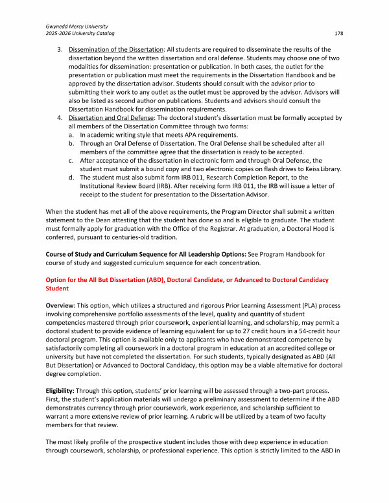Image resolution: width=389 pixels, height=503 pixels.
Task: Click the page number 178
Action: click(338, 33)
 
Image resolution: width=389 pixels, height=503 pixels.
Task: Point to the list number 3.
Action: click(60, 49)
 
